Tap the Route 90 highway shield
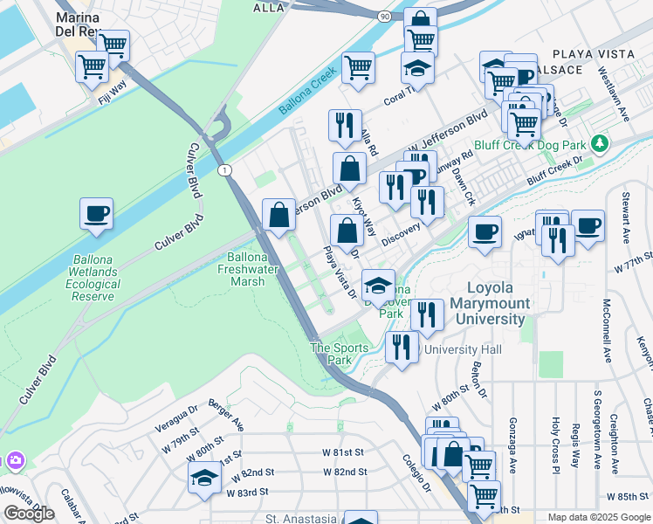(x=385, y=16)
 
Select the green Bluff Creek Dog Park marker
(x=598, y=142)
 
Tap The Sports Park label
(x=332, y=354)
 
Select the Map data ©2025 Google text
(x=598, y=517)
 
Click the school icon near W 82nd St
(x=204, y=479)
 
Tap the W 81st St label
(x=343, y=452)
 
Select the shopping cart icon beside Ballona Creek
(x=358, y=68)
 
